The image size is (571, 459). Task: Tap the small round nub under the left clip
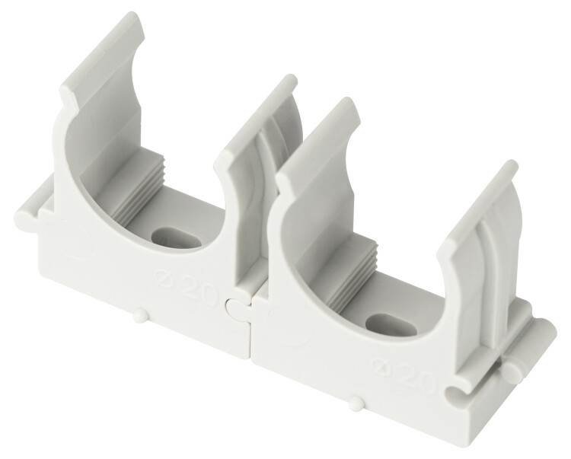tap(139, 316)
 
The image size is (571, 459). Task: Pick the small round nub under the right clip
tap(353, 403)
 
